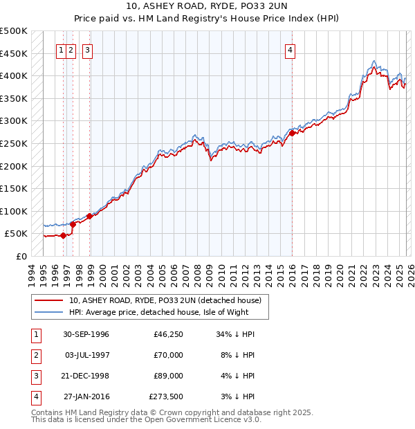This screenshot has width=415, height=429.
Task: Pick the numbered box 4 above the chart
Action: click(x=290, y=49)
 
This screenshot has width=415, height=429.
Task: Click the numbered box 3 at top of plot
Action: click(x=88, y=49)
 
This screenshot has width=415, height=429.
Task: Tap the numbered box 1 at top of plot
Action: click(x=62, y=49)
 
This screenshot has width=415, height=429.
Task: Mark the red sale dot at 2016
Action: click(x=292, y=134)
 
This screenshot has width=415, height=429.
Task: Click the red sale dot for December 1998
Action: click(x=89, y=217)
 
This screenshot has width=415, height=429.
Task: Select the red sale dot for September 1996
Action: click(x=63, y=235)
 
